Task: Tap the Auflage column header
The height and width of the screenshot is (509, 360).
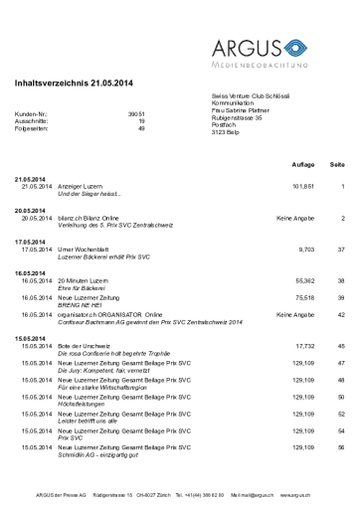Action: [x=303, y=162]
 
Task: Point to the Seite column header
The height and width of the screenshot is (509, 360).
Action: [x=336, y=162]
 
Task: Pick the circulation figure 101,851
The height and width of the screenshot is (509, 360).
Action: [x=302, y=186]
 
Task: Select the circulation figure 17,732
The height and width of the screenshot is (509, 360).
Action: [x=304, y=345]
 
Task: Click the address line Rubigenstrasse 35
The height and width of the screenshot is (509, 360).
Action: [x=237, y=117]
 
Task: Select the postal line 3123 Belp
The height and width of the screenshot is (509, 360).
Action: [x=226, y=132]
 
